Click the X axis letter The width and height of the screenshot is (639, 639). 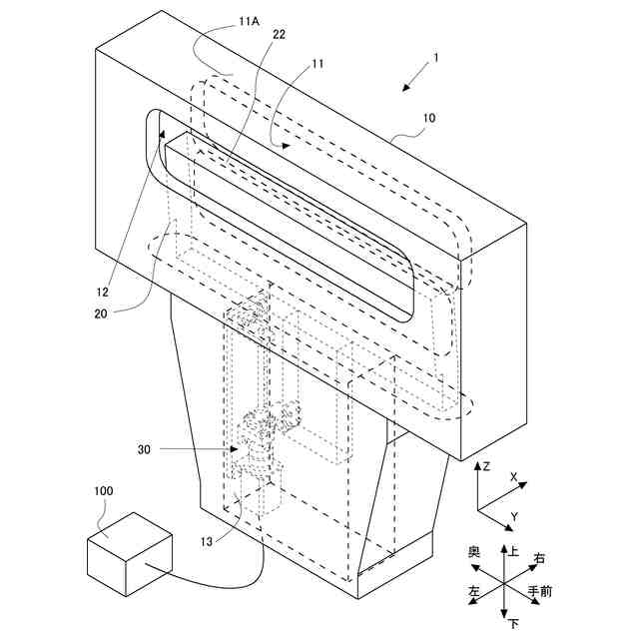513,478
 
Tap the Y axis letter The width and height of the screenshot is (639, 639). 513,516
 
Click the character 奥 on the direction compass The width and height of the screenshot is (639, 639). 474,551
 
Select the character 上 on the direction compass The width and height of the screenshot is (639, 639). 514,550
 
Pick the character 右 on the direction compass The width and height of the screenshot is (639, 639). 539,558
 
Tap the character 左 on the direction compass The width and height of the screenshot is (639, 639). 474,592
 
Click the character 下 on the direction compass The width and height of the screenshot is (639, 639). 513,625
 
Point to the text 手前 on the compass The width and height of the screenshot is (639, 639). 539,592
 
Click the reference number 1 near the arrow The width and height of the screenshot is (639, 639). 435,59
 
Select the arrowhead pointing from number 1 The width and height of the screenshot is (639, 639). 404,89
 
